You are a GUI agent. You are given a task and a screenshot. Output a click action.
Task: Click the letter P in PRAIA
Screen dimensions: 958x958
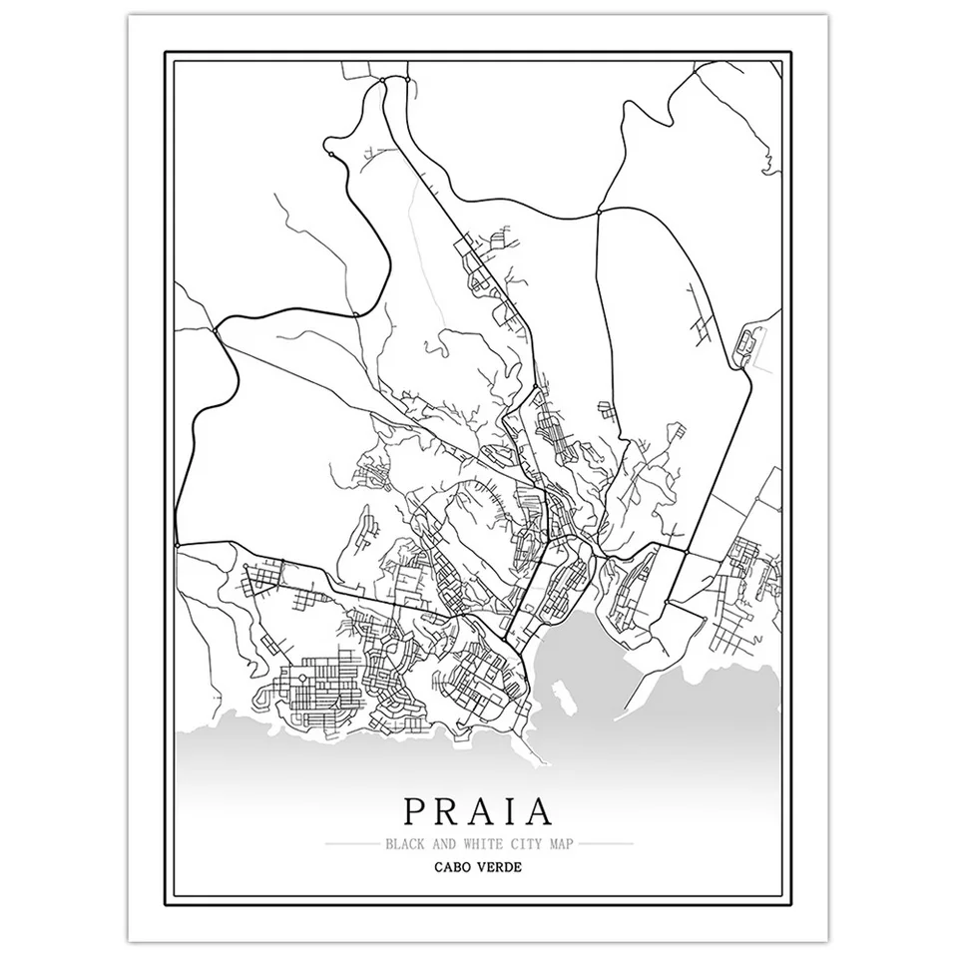coord(417,811)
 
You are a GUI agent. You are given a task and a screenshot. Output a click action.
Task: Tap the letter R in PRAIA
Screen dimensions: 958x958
coord(448,811)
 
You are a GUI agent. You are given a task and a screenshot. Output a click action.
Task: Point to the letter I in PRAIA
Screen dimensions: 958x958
coord(511,811)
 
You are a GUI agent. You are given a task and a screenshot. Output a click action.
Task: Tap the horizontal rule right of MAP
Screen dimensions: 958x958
coord(608,844)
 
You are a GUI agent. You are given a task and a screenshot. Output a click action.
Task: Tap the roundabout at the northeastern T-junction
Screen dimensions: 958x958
coord(597,212)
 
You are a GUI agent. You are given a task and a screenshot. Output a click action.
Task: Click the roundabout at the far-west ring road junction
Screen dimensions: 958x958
coord(217,327)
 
